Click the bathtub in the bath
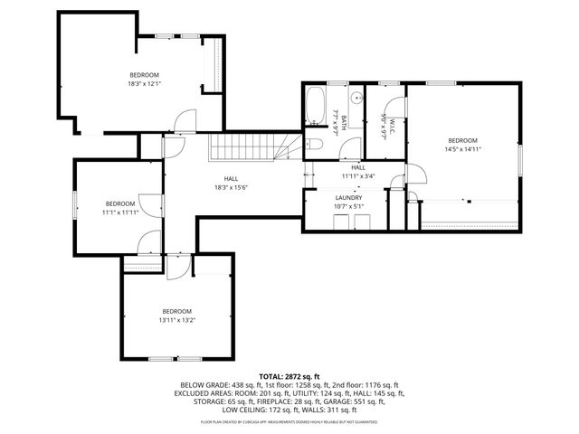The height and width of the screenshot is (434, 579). pyautogui.click(x=316, y=106)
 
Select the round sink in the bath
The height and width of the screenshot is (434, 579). pyautogui.click(x=356, y=97)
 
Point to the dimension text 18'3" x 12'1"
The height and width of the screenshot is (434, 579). pyautogui.click(x=145, y=83)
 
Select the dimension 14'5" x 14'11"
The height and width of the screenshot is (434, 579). pyautogui.click(x=462, y=149)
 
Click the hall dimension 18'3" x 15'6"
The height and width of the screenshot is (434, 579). pyautogui.click(x=231, y=187)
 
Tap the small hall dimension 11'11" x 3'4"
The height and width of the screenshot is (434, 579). pyautogui.click(x=357, y=176)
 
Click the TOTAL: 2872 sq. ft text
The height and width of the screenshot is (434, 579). pyautogui.click(x=289, y=375)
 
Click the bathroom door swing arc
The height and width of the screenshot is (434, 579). pyautogui.click(x=340, y=146)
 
